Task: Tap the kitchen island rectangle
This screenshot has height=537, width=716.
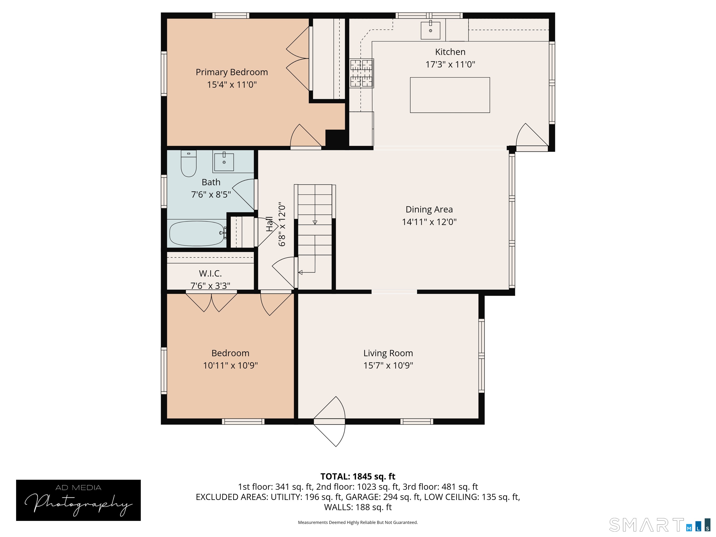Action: tap(450, 95)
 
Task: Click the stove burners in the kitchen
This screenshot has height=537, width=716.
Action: tap(361, 73)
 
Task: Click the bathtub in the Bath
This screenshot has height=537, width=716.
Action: tap(197, 233)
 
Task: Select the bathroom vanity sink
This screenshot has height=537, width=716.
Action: tap(224, 162)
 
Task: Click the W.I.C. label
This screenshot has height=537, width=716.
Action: tap(210, 274)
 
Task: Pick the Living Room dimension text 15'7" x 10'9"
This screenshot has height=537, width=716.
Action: tap(388, 365)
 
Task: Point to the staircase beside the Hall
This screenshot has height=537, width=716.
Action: tap(315, 236)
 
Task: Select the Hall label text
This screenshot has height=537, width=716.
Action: tap(269, 224)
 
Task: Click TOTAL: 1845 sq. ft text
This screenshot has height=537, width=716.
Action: tap(358, 476)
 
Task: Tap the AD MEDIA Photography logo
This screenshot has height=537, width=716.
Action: tap(78, 500)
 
